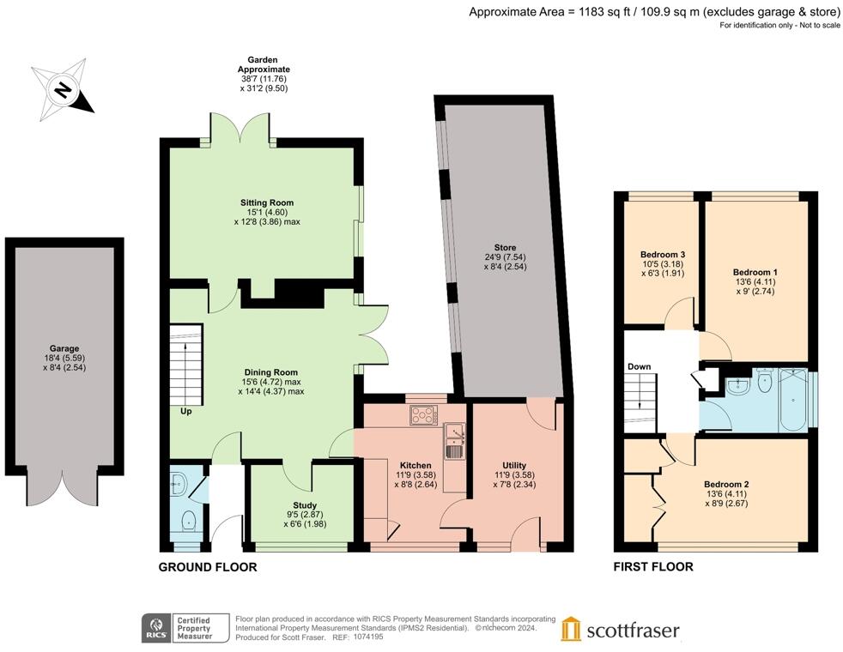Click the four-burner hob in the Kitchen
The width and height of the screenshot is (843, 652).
coord(424,414)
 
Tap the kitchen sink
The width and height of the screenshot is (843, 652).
coord(454,441)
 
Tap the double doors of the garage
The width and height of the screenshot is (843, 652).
coord(63,489)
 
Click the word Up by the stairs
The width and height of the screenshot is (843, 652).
coord(186,412)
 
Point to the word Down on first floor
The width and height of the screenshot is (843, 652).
coord(640,366)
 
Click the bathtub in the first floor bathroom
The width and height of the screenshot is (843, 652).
coord(793,400)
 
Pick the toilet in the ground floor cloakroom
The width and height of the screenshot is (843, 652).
coord(188,521)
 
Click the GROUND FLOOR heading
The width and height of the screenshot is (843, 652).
coord(208,567)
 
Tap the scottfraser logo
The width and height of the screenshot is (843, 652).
coord(620,630)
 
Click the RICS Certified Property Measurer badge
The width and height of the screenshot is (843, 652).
coord(179,628)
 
